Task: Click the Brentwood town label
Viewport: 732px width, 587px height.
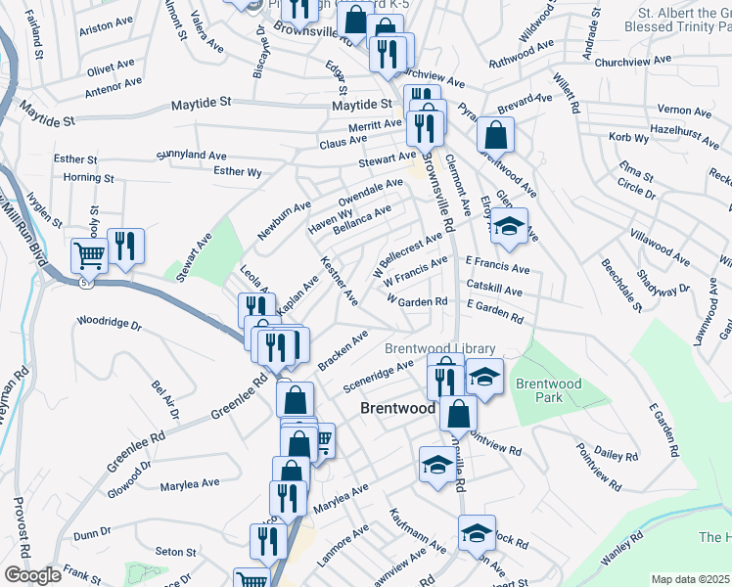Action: pyautogui.click(x=397, y=408)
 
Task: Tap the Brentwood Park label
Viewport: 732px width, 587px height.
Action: pyautogui.click(x=549, y=391)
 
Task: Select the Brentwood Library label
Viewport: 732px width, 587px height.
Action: pyautogui.click(x=439, y=348)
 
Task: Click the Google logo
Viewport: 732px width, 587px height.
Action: pyautogui.click(x=32, y=575)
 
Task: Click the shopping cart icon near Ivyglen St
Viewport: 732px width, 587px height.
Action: pyautogui.click(x=89, y=255)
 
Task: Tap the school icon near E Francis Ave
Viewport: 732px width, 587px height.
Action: pyautogui.click(x=508, y=227)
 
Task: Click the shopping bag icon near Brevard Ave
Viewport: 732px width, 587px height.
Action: pyautogui.click(x=496, y=134)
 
